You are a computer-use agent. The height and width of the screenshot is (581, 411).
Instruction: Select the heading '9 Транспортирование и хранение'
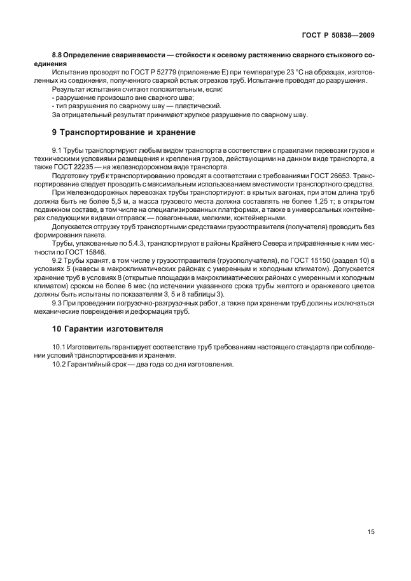coord(123,132)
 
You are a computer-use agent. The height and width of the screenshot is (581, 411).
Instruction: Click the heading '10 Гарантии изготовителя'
coord(107,329)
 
